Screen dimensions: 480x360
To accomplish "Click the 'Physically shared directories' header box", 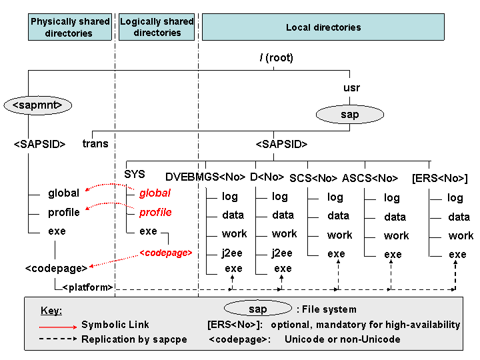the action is click(70, 27).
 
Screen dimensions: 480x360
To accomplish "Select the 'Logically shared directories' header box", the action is click(157, 27).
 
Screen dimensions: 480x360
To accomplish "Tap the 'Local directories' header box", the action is click(323, 27).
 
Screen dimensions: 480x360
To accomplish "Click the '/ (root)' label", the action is click(277, 57).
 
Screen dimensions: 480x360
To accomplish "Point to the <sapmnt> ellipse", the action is click(37, 105).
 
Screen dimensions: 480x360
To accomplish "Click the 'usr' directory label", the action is click(351, 88).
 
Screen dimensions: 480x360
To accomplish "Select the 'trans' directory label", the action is click(95, 143).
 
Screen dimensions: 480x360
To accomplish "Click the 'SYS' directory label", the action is click(135, 174).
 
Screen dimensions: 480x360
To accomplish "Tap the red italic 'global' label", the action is click(155, 193).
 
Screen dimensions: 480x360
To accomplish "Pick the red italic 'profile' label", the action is click(155, 213).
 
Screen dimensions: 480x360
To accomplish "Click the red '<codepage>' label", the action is click(166, 253).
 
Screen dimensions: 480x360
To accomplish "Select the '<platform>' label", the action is click(87, 287).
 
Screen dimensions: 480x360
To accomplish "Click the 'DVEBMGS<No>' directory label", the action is click(205, 177).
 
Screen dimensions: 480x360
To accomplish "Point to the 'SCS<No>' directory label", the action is click(313, 178).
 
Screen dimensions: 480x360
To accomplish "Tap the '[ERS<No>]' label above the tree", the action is click(440, 178).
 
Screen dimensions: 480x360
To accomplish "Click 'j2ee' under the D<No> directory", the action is click(282, 253).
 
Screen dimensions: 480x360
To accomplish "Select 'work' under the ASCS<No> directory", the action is click(397, 236).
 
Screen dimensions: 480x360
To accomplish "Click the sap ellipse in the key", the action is click(258, 309).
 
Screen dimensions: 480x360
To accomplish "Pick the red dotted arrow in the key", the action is click(58, 327).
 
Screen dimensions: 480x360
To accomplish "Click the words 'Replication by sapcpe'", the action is click(134, 339).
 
